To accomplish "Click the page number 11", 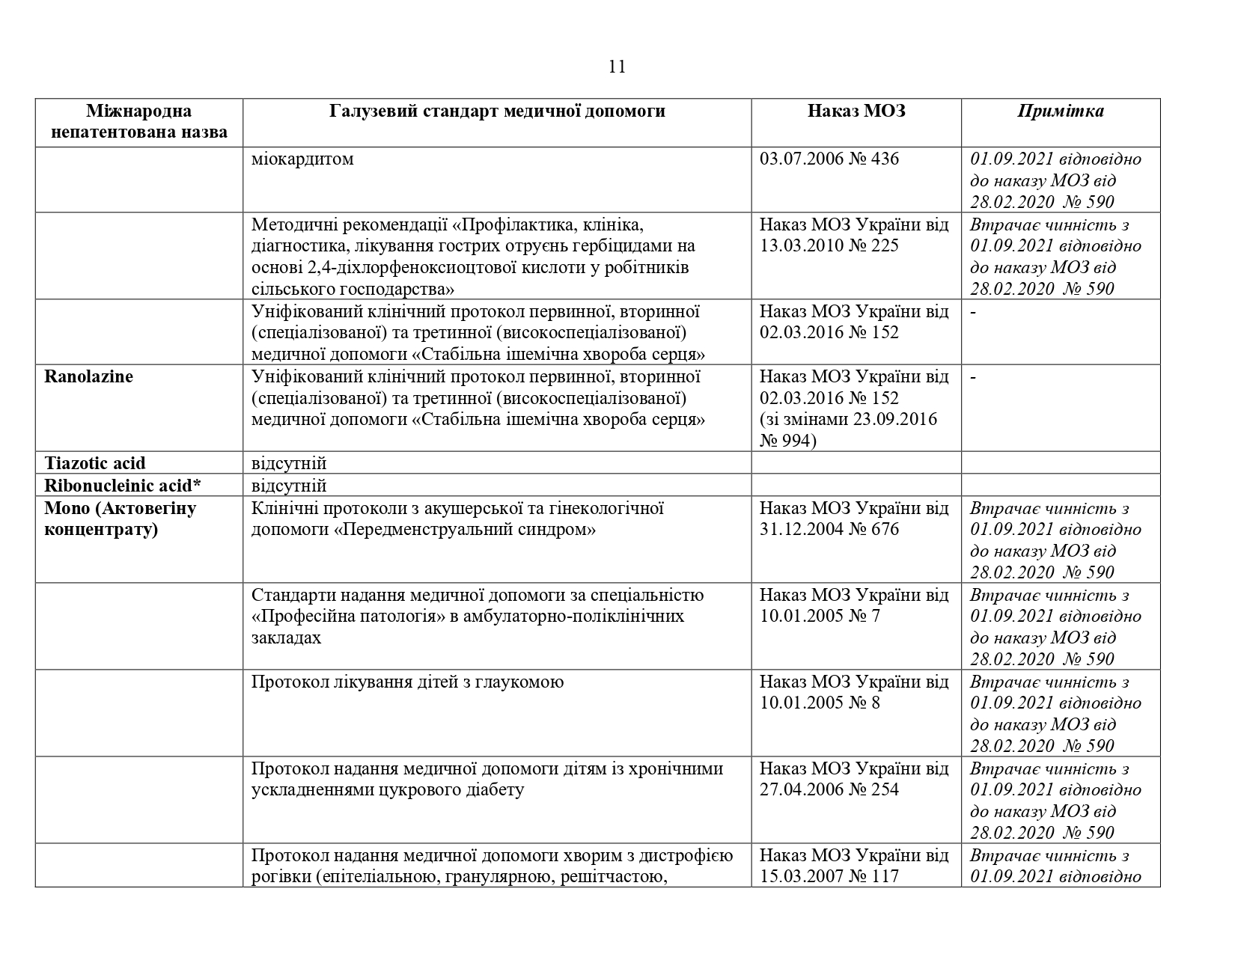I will click(617, 67).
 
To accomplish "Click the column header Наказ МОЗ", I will click(856, 111).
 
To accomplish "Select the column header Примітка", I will click(1060, 111).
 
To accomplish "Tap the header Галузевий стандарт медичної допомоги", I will click(497, 111).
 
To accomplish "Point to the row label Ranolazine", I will click(88, 376).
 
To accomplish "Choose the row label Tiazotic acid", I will click(95, 463).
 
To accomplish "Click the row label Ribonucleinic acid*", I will click(123, 486).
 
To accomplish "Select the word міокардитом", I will click(302, 159).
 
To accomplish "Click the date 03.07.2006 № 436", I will click(829, 159).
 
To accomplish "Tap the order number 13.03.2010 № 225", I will click(829, 246).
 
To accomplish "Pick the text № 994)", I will click(788, 441).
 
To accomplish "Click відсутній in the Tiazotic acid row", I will click(289, 463).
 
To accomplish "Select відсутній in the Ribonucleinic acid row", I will click(289, 486).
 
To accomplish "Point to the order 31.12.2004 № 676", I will click(829, 530).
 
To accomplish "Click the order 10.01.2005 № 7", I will click(820, 617).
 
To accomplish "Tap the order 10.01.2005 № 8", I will click(820, 703).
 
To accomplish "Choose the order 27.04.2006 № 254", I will click(829, 790).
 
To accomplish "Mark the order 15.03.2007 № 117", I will click(829, 877).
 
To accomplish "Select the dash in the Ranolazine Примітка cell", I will click(973, 376).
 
